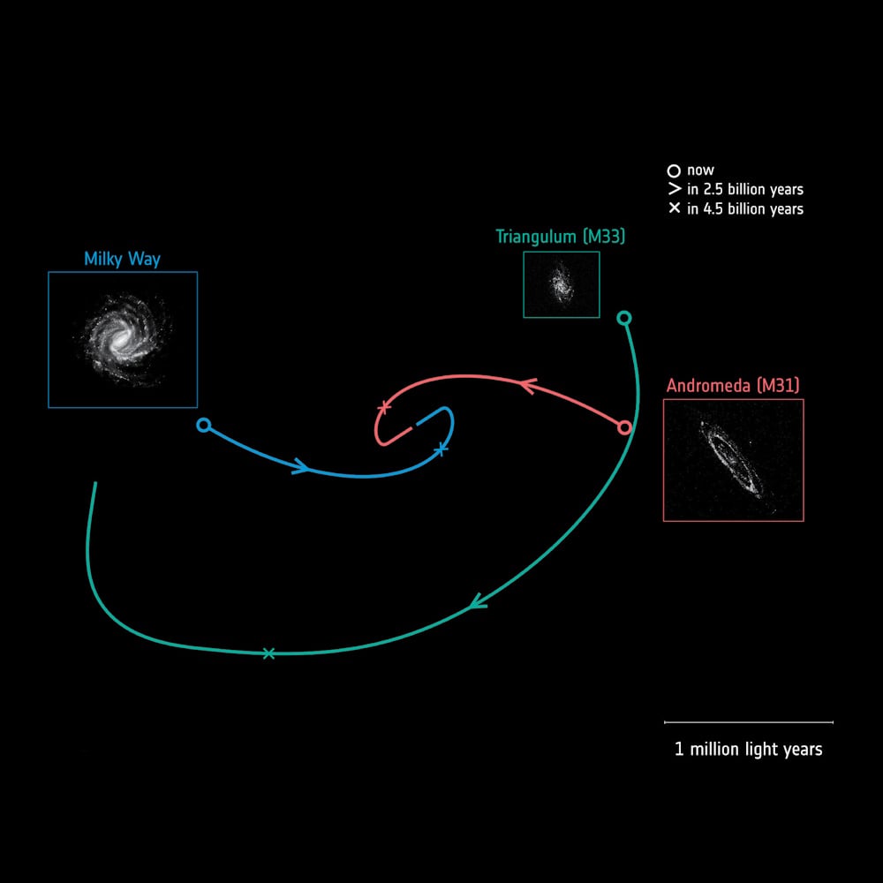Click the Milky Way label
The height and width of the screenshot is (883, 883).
122,259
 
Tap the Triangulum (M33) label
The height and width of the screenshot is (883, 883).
561,237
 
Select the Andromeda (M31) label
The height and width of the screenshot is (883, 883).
733,386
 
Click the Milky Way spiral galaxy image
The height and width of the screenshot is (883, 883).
123,340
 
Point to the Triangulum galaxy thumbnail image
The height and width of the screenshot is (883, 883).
562,284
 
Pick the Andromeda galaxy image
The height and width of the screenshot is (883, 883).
733,460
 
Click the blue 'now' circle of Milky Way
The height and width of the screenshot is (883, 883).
204,426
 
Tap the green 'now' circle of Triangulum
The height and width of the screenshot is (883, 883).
623,318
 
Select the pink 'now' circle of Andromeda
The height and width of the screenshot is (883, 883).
624,428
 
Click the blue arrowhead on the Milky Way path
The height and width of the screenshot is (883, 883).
301,466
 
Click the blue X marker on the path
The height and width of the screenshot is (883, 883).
442,449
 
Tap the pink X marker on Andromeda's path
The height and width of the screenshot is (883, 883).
385,406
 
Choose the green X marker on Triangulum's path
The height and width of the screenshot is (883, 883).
268,653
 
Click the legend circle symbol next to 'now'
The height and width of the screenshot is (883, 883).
674,170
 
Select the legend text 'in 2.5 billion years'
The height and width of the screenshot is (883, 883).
745,189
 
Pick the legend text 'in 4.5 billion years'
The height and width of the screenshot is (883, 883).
745,209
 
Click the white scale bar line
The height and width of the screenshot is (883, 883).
749,722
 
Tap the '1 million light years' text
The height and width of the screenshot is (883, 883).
749,750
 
